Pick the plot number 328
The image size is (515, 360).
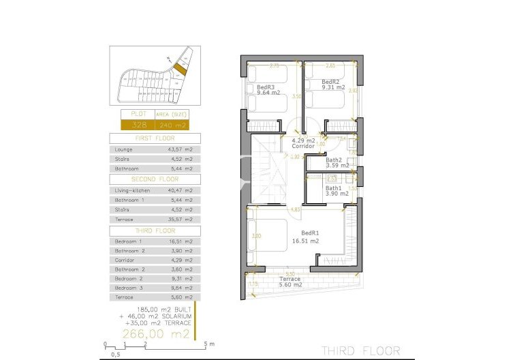pos(138,125)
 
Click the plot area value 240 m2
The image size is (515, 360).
pos(171,125)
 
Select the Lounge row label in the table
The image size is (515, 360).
pos(125,149)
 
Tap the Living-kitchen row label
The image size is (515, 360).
pos(132,190)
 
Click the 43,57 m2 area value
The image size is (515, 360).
pos(181,149)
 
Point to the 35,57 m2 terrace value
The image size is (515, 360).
pos(181,220)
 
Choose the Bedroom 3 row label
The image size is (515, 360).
pos(129,288)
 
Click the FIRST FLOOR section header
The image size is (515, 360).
pos(154,137)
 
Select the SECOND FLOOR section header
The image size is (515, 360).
pos(154,179)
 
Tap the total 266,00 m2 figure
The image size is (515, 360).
pos(155,334)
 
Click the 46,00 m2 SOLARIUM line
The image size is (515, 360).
pos(155,317)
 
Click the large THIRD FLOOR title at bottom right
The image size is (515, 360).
pos(360,350)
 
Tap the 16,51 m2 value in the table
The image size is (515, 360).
pos(181,241)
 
